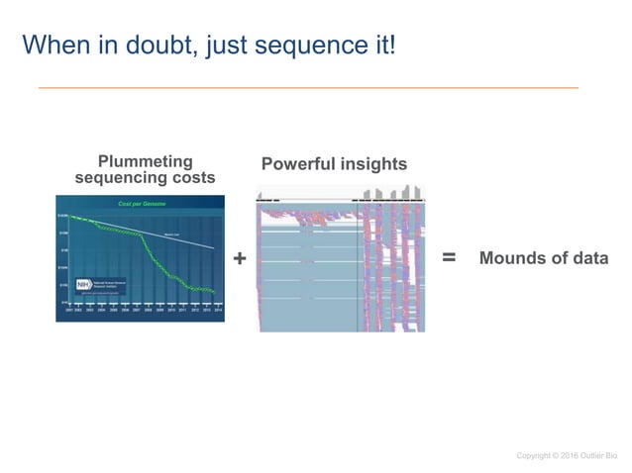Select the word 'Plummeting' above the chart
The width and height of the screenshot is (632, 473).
[146, 161]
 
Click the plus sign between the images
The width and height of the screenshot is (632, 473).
[239, 258]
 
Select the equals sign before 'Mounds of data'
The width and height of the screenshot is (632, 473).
[448, 257]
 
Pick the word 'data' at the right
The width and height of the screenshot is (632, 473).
[587, 258]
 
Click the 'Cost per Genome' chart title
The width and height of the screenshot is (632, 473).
[142, 204]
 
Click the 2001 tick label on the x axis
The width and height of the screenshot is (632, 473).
[69, 309]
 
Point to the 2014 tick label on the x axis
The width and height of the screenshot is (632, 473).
[217, 309]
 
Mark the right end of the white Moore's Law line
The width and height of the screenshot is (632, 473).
[214, 246]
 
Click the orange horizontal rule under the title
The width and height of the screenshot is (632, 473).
[308, 88]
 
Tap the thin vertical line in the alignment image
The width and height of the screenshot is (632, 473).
[357, 267]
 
